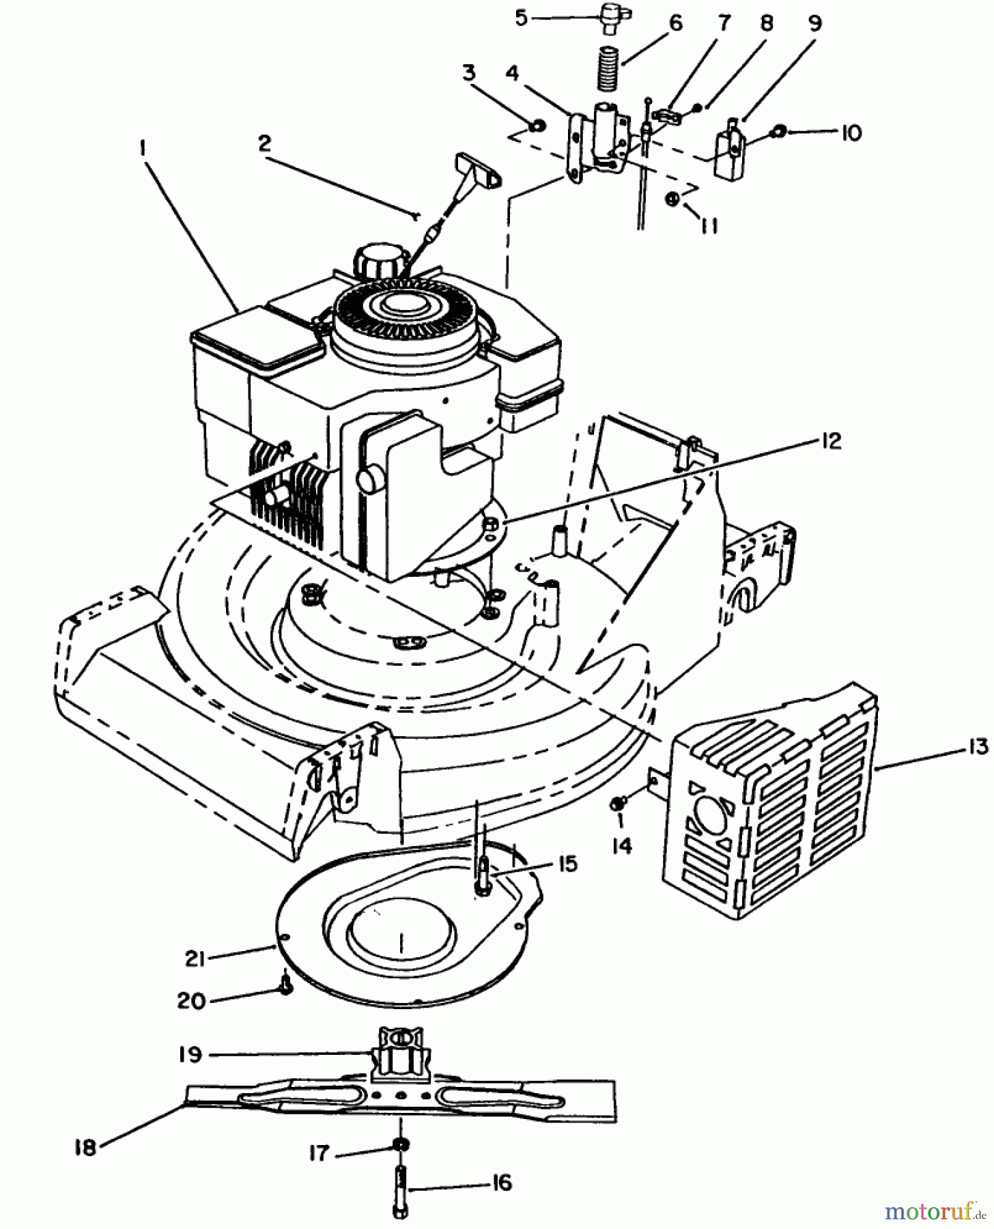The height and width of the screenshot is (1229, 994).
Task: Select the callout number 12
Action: (831, 442)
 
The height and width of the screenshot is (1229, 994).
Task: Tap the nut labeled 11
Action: (672, 199)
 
